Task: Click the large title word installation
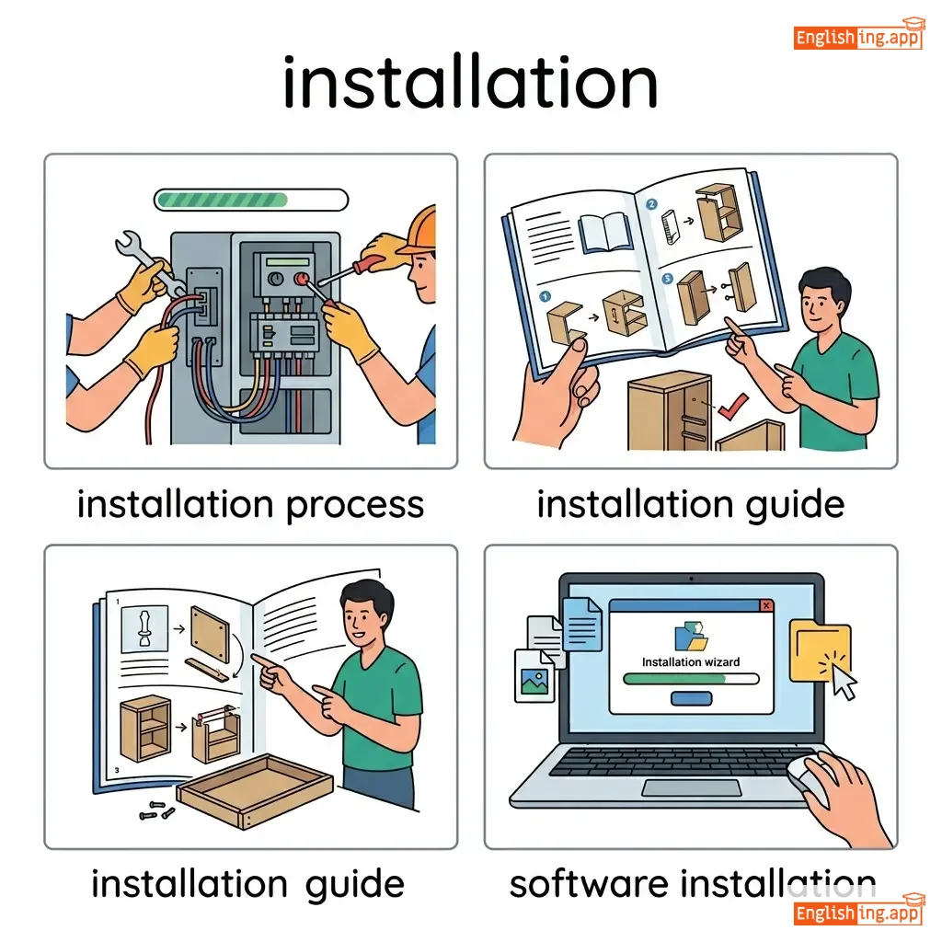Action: coord(471,82)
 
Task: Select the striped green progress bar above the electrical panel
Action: coord(251,200)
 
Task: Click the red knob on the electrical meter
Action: coord(301,279)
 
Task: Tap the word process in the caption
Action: coord(355,505)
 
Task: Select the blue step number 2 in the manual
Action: coord(651,204)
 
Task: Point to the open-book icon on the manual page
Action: coord(605,233)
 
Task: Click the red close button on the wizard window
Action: coord(766,605)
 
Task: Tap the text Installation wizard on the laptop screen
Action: coord(691,662)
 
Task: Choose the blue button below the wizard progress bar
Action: coord(692,698)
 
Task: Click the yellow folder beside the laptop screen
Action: coord(820,651)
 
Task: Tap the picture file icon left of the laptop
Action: coord(534,676)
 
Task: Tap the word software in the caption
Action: coord(589,884)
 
